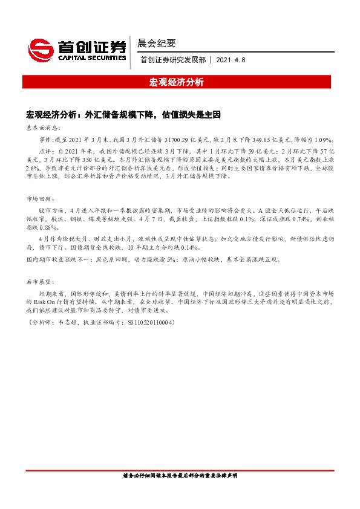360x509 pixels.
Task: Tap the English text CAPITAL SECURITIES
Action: (92, 58)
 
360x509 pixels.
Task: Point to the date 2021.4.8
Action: (231, 60)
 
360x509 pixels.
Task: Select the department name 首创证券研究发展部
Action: (172, 60)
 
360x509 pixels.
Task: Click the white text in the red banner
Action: (180, 82)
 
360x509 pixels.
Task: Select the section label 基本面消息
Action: (41, 128)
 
